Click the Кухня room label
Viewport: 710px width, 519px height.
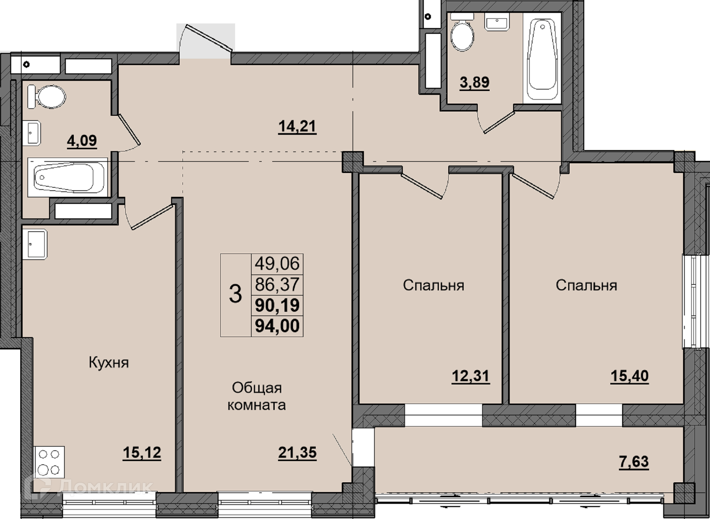click(109, 363)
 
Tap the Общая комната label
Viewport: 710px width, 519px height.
click(257, 396)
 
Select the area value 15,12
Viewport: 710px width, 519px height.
click(142, 453)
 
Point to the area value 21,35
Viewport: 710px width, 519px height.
click(297, 453)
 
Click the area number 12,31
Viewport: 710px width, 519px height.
click(471, 376)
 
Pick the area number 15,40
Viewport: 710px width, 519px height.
click(629, 376)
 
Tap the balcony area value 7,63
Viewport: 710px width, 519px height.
click(634, 462)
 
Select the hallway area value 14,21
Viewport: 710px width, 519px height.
click(297, 127)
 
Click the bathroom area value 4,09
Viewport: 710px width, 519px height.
click(82, 141)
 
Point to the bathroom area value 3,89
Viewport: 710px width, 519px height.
click(474, 82)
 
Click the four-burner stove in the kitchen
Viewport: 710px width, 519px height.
click(49, 462)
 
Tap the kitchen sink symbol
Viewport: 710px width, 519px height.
click(35, 244)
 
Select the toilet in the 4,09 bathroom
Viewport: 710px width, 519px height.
click(47, 97)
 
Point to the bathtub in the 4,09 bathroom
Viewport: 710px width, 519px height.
click(68, 177)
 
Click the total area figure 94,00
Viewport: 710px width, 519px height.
click(277, 326)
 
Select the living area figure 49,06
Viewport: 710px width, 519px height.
click(277, 264)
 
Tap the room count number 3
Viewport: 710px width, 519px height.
click(236, 294)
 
